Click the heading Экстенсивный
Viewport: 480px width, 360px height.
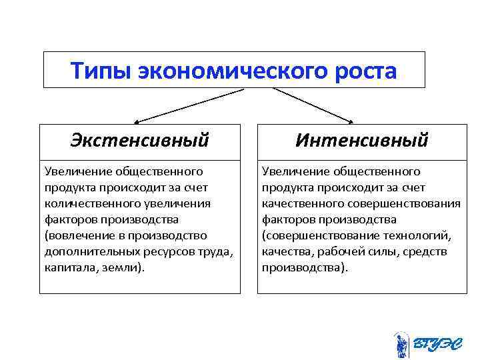(x=140, y=141)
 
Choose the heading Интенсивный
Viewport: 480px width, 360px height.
(x=361, y=141)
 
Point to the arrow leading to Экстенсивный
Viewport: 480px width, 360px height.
(x=187, y=107)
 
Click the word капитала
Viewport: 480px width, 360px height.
(x=67, y=267)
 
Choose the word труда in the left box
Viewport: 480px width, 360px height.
(x=215, y=251)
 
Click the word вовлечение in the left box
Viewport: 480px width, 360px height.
(x=75, y=235)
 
